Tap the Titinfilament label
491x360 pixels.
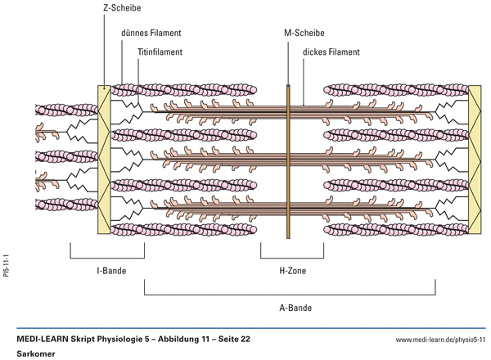pyautogui.click(x=160, y=51)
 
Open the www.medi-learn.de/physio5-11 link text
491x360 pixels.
pyautogui.click(x=440, y=339)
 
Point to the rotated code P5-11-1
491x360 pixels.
pyautogui.click(x=7, y=267)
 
